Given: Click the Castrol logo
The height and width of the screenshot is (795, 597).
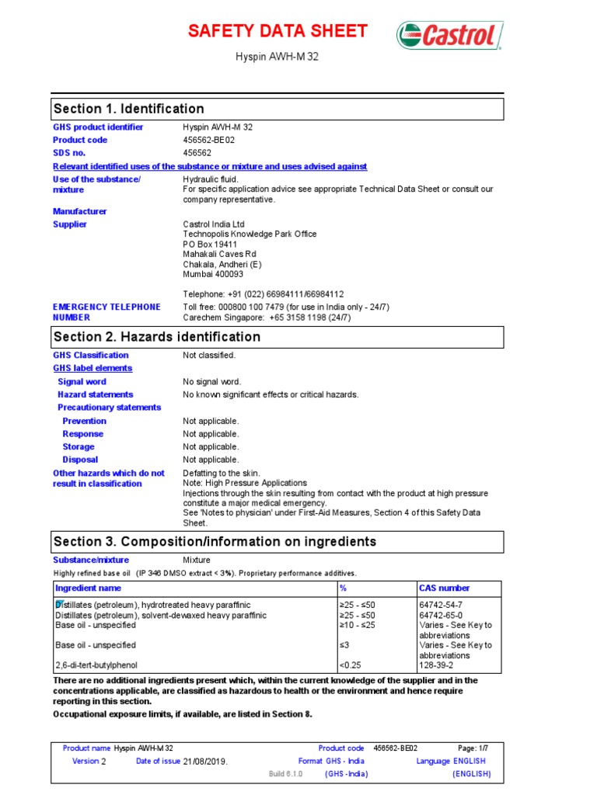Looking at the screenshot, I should click(x=450, y=36).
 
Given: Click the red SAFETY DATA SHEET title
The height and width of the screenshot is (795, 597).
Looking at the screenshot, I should click(x=278, y=32).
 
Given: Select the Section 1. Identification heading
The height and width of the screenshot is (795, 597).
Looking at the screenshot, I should click(x=128, y=109).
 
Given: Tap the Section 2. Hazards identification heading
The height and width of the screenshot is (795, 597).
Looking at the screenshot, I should click(x=156, y=337).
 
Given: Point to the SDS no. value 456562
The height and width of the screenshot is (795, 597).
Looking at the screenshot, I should click(x=197, y=153).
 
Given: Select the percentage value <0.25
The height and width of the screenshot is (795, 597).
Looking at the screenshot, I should click(x=351, y=665).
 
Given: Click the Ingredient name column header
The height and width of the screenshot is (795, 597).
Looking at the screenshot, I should click(x=88, y=588).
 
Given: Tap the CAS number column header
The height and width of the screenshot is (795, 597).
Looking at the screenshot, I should click(x=444, y=588).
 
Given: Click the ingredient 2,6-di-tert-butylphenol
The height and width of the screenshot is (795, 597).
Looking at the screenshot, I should click(x=97, y=665).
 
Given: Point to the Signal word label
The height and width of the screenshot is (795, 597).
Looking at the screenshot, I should click(x=82, y=382).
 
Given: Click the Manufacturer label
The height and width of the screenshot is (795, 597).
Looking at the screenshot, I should click(x=80, y=211).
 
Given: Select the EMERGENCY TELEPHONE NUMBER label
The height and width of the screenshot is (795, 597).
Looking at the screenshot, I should click(x=106, y=312).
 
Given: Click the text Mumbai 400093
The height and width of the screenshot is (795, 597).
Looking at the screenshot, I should click(x=213, y=274).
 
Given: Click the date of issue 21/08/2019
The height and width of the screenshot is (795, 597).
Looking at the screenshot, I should click(x=206, y=762).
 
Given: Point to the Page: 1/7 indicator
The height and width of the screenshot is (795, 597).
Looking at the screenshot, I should click(x=472, y=748).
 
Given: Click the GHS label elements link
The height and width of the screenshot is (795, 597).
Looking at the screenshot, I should click(x=93, y=368).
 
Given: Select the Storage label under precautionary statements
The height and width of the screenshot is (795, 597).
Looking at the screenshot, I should click(x=79, y=447).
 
